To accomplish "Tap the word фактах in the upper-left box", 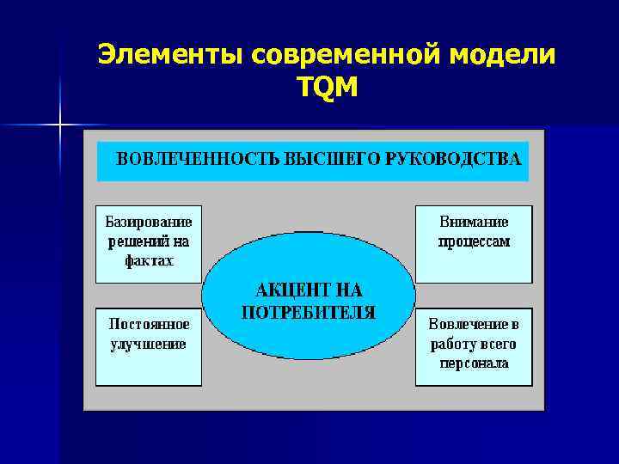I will click(148, 260).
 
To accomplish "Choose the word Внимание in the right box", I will click(474, 222).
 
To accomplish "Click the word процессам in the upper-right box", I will click(474, 241).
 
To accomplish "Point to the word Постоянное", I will click(148, 324).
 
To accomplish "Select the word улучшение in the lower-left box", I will click(148, 344).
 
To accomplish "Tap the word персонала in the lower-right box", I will click(474, 363).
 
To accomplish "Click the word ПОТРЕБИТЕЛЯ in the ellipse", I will click(309, 312).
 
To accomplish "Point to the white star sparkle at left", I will click(60, 125).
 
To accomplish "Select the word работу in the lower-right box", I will click(451, 345).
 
